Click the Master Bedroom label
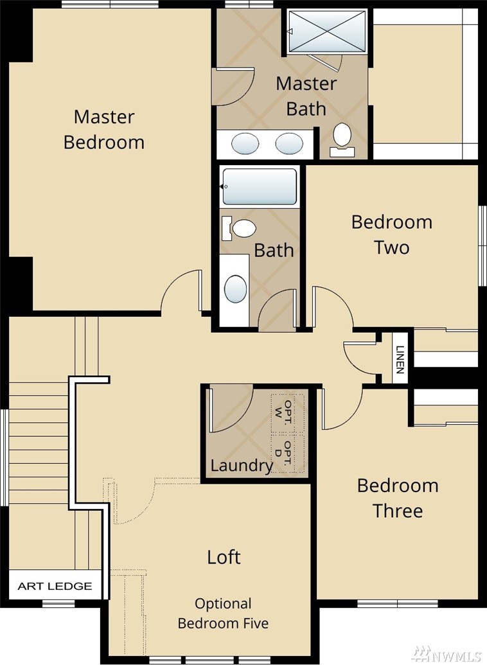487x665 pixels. pos(104,129)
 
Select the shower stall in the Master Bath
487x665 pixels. pos(326,32)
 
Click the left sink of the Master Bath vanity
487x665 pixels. pos(245,144)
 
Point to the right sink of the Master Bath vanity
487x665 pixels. pos(289,144)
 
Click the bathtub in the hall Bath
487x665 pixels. pos(259,186)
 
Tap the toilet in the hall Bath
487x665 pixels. pos(239,228)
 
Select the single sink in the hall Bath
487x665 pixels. pos(235,289)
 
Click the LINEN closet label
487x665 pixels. pos(400,359)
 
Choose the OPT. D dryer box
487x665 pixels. pos(288,453)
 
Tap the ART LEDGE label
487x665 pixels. pos(55,586)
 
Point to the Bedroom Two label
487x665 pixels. pos(392,235)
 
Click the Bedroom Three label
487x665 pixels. pos(398,498)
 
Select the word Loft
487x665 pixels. pos(224,557)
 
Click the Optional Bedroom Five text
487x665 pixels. pos(223,613)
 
